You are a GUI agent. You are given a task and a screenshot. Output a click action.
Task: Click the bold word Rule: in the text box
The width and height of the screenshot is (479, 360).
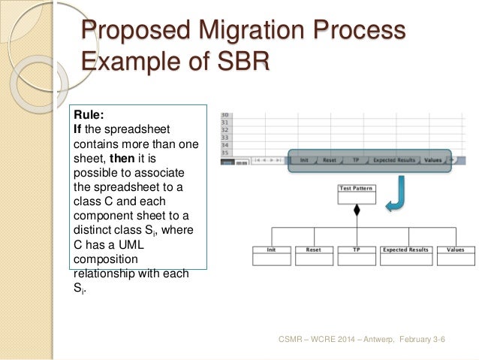[87, 115]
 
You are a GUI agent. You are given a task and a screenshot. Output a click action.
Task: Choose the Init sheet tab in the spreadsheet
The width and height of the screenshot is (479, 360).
[304, 159]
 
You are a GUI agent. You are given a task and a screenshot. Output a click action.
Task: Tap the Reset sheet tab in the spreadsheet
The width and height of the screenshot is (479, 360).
[330, 159]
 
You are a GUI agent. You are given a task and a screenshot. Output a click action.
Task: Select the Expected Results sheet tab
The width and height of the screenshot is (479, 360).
[393, 159]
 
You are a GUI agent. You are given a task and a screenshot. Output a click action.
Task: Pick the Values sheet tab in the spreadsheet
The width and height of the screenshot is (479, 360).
[432, 159]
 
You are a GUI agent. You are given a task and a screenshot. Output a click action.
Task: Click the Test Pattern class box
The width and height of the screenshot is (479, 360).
[357, 193]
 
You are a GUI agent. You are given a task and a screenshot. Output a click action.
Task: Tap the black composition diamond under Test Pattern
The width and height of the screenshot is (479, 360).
[357, 211]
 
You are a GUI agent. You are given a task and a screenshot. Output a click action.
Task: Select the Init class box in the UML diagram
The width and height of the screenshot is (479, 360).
[270, 256]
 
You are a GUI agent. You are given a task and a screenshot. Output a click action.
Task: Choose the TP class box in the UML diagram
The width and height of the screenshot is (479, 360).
[357, 256]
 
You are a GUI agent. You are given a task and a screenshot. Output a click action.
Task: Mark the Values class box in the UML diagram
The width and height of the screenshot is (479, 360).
[455, 256]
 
